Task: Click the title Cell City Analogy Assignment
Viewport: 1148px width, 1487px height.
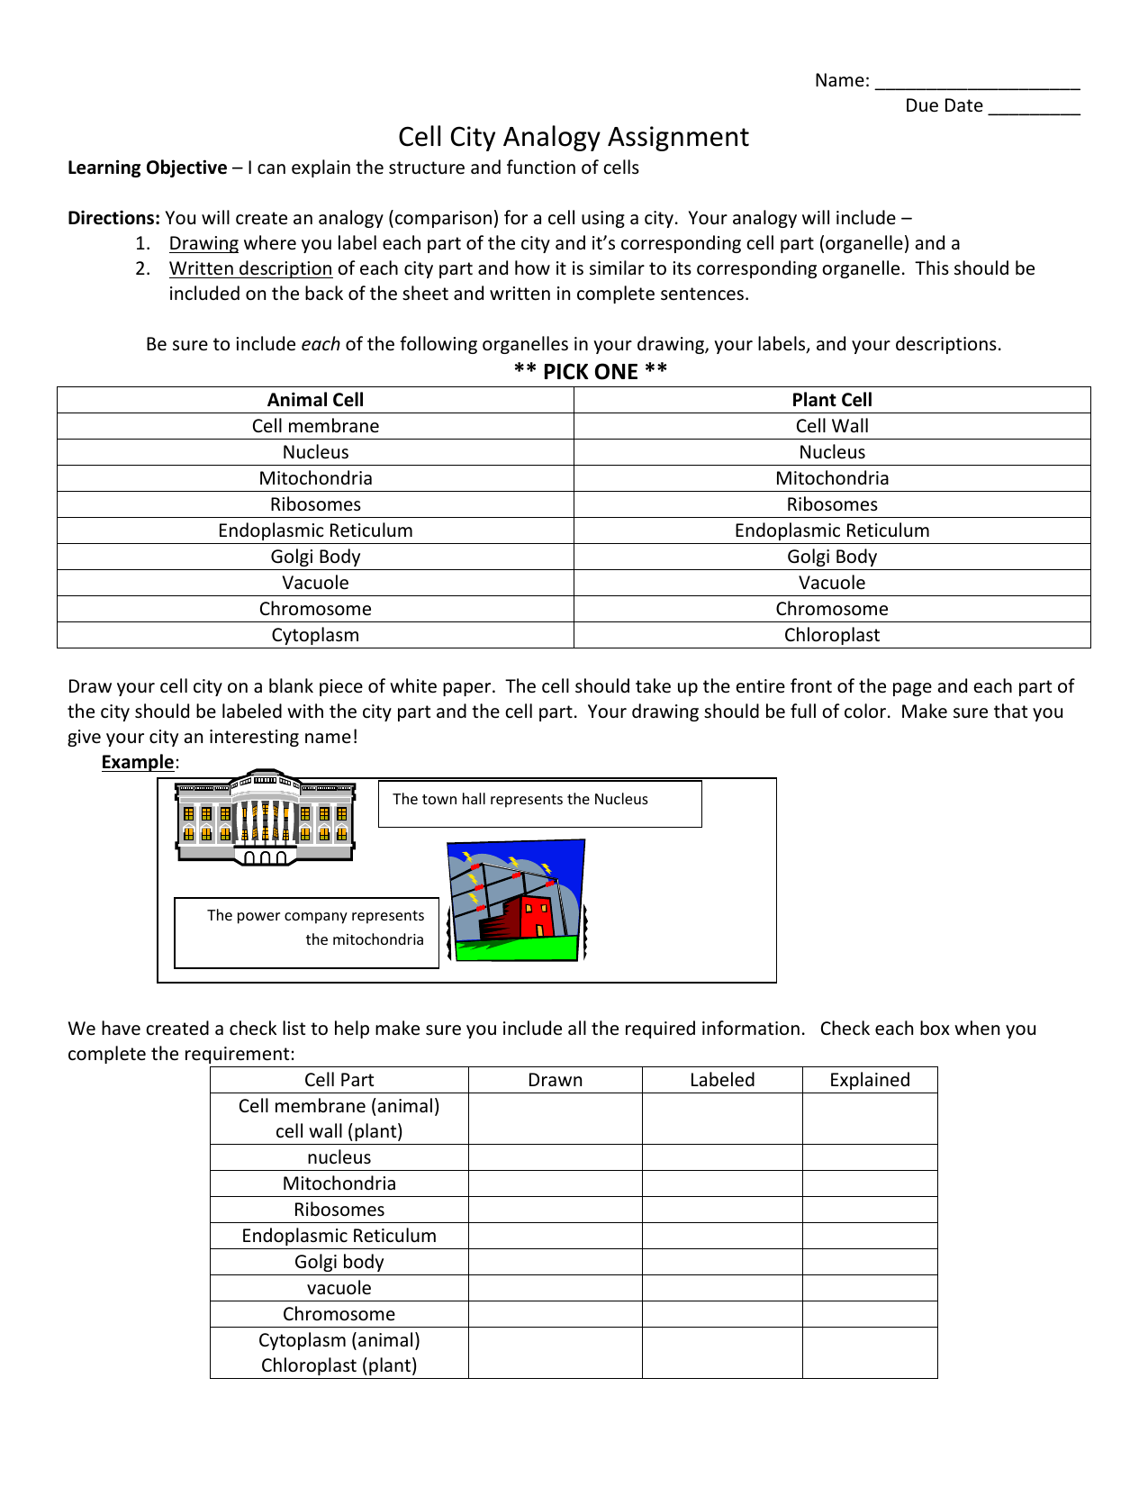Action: [574, 137]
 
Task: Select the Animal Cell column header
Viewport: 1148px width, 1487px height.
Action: [315, 400]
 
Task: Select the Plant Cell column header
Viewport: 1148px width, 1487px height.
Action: [832, 400]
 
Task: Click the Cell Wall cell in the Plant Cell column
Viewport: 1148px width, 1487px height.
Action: [832, 426]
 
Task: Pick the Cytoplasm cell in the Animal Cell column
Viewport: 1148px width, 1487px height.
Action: [315, 635]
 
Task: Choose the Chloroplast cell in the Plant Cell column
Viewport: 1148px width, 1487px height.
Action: [832, 635]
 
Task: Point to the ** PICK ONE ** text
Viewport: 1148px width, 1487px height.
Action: [591, 372]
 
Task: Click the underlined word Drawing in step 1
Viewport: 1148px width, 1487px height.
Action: [203, 243]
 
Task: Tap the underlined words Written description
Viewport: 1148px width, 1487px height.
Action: [250, 268]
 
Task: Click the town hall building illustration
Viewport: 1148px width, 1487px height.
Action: [265, 818]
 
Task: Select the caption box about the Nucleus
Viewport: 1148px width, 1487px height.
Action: [539, 803]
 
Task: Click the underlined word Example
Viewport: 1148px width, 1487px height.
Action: [137, 762]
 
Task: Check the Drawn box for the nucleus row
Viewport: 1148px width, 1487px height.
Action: [555, 1157]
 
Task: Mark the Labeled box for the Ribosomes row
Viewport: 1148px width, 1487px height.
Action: [722, 1210]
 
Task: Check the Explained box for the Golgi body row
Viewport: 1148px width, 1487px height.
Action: [870, 1262]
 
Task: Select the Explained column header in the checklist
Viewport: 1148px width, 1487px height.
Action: [870, 1080]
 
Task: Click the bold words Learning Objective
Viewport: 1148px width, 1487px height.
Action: [148, 168]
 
